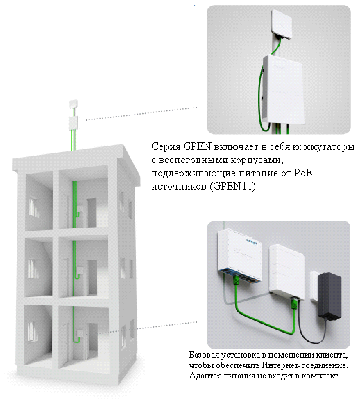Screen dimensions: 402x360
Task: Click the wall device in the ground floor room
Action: [82, 335]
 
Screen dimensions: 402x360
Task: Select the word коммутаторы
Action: [320, 149]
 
